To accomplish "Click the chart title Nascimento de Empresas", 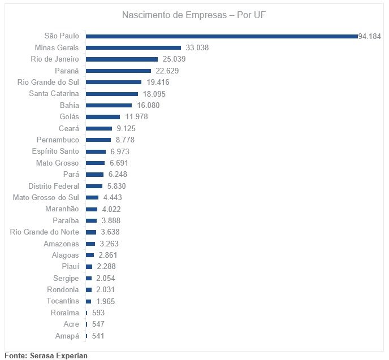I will [194, 15].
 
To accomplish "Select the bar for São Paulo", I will [222, 36].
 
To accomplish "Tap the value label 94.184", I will [370, 36].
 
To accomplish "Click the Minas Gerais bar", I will [133, 47].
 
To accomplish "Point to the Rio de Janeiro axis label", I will [55, 59].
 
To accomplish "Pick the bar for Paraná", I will [119, 71].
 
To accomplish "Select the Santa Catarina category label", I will [54, 93].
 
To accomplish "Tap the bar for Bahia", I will [109, 105].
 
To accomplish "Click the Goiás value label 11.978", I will [136, 116].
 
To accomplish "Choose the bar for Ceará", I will [99, 128].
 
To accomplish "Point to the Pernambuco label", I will [58, 140].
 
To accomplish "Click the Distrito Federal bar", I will [94, 186].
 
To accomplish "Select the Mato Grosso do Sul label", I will [46, 197].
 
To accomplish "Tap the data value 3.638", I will [108, 232].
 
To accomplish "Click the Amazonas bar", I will [90, 244].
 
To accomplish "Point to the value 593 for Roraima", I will [98, 313].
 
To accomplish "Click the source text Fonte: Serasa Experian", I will [46, 355].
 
